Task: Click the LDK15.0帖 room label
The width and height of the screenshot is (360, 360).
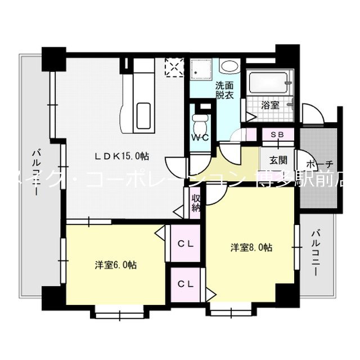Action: click(x=121, y=156)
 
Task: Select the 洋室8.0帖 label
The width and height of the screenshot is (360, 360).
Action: click(x=251, y=247)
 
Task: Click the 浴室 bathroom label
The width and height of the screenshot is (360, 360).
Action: click(x=271, y=105)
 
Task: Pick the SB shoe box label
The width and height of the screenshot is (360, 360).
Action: click(x=277, y=135)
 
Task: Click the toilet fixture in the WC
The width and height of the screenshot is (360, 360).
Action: click(x=200, y=121)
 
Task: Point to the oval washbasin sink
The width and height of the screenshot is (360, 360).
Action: click(x=228, y=66)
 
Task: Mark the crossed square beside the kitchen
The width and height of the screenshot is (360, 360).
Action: click(x=174, y=68)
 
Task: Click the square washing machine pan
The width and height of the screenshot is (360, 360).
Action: click(x=201, y=70)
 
